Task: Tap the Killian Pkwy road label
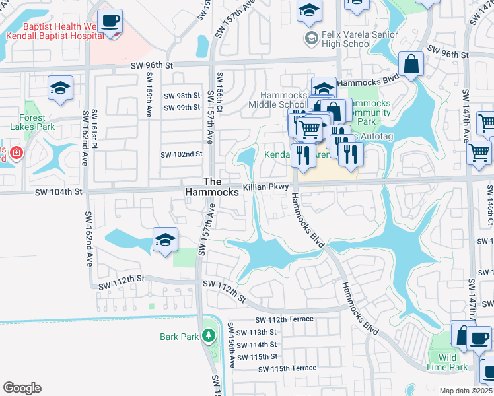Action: point(266,188)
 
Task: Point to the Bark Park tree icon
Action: point(209,337)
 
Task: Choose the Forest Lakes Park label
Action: point(32,123)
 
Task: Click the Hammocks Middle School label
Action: point(277,100)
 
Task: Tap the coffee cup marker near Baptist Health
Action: point(110,21)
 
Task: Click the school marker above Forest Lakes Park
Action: point(60,88)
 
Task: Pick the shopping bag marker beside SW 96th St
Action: point(411,65)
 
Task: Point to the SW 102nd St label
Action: point(181,154)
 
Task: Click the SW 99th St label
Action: point(182,108)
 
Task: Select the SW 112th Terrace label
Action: point(285,320)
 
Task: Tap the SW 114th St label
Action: point(258,345)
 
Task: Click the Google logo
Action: point(22,388)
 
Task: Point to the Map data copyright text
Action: point(466,391)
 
